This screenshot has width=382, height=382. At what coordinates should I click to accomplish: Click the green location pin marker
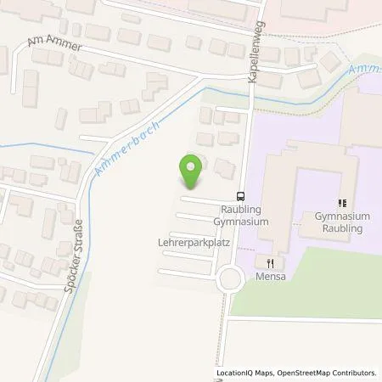(x=192, y=171)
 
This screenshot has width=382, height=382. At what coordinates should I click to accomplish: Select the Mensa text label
(x=270, y=277)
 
